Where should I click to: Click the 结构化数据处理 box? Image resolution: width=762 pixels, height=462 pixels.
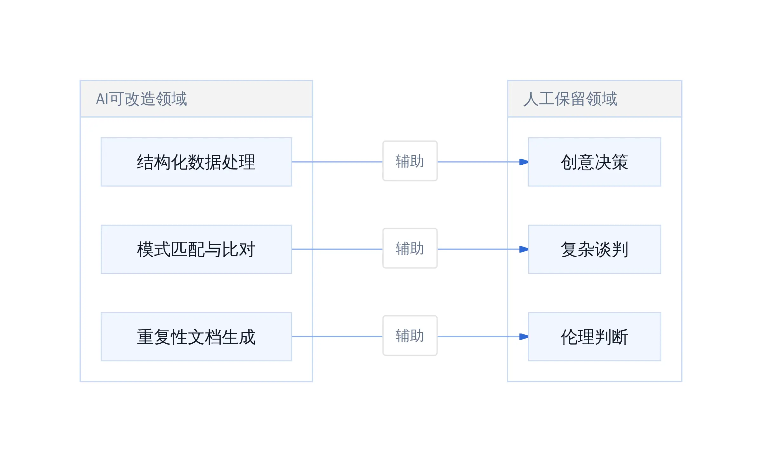196,162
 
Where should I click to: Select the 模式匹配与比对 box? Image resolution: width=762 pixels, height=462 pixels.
196,249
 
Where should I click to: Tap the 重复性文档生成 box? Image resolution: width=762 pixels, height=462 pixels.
196,337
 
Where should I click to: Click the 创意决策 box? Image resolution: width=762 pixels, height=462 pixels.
595,162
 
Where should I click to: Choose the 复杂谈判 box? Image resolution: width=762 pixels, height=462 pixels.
595,249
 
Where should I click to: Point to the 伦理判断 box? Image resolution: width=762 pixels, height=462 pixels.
595,337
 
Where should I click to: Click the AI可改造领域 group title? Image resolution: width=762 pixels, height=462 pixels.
142,99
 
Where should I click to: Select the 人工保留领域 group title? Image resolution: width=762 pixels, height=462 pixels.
570,99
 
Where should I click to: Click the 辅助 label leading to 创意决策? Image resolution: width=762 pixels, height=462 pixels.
410,161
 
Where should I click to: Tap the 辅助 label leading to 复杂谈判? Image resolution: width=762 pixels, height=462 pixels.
410,248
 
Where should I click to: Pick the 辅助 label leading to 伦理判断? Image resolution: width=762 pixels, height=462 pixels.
410,336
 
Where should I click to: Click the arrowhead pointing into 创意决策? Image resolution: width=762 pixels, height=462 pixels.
524,162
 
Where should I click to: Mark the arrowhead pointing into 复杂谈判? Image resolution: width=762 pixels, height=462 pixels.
524,249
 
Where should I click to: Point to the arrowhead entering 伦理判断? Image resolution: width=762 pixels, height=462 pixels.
524,337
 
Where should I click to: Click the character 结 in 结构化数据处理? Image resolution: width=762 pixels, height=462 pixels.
145,162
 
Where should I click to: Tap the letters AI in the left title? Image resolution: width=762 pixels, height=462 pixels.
102,99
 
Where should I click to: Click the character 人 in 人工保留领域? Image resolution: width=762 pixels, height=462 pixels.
531,99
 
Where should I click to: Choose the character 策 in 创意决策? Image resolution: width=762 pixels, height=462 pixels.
620,162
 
